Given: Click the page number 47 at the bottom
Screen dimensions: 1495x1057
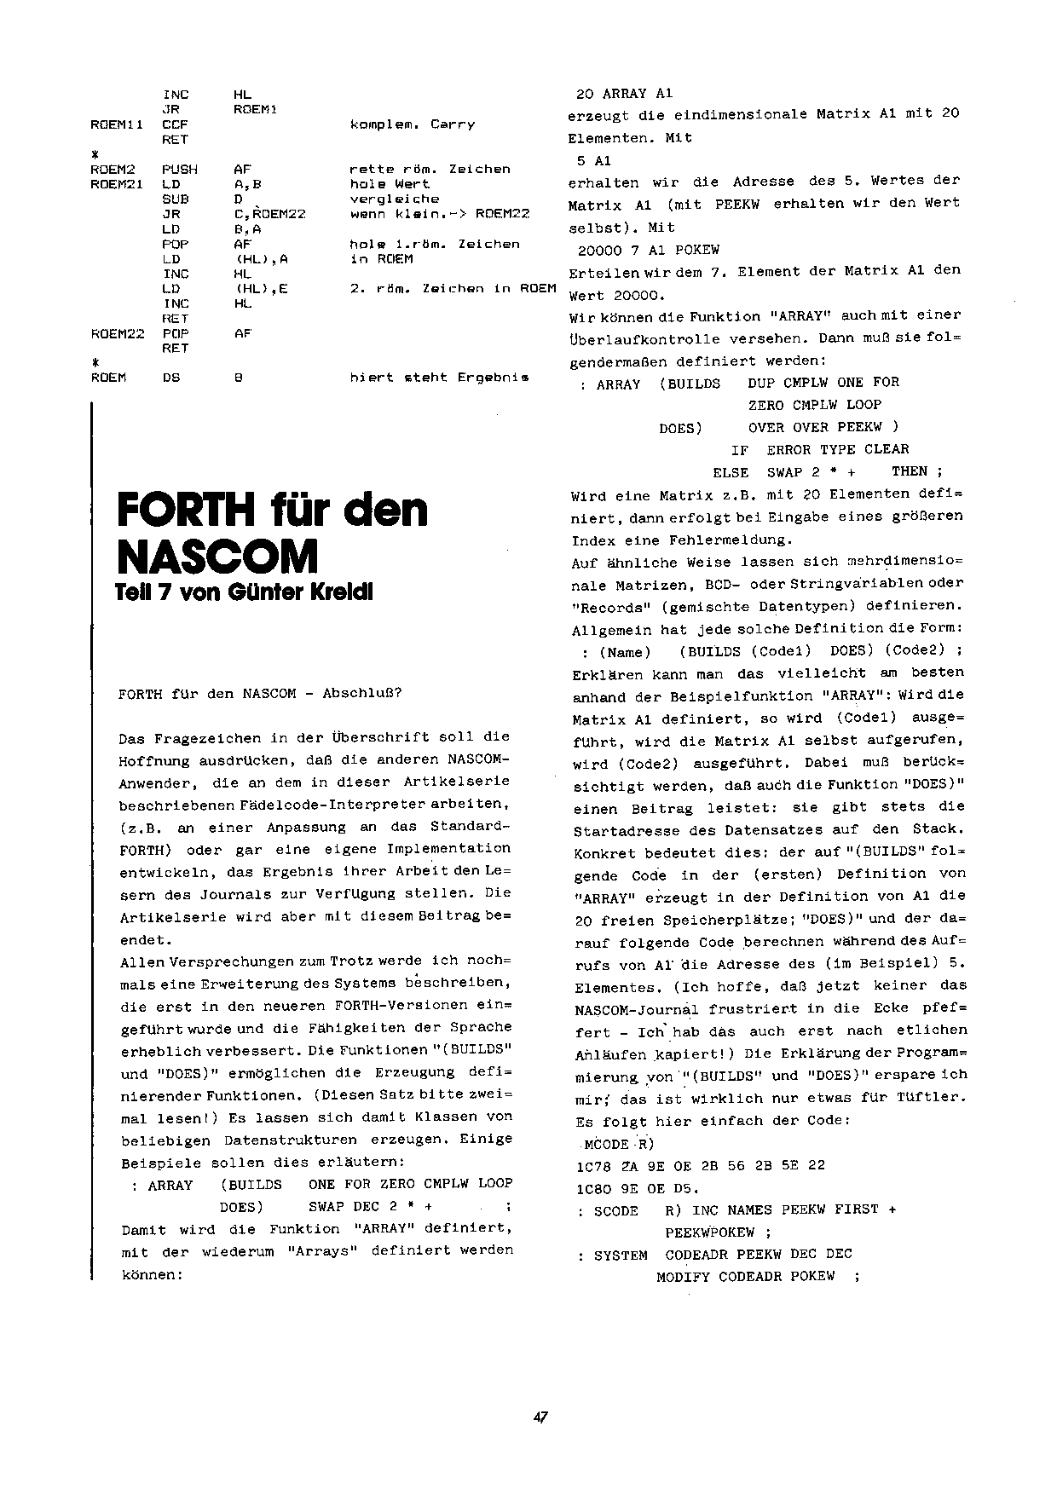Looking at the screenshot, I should [x=540, y=1417].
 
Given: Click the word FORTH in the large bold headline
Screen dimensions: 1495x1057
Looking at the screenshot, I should [x=186, y=511].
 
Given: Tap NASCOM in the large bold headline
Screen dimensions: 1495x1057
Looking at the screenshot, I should [x=217, y=557].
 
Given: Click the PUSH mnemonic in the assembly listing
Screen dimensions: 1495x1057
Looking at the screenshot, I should [x=179, y=170].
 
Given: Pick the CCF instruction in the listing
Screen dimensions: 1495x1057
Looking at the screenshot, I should [x=175, y=124].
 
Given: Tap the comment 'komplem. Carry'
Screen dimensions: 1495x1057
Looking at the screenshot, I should [x=413, y=124].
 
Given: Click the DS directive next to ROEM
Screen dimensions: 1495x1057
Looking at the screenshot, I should [x=171, y=378].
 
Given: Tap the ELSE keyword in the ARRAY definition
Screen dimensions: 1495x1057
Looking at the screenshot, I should [x=731, y=472].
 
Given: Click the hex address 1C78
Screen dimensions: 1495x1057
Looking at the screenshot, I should [x=593, y=1165].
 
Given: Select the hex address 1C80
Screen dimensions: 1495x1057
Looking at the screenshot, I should [x=593, y=1187].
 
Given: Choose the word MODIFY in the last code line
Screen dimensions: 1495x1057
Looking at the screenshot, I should [x=683, y=1277].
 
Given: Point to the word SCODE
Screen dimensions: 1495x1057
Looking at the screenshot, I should [x=615, y=1210].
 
